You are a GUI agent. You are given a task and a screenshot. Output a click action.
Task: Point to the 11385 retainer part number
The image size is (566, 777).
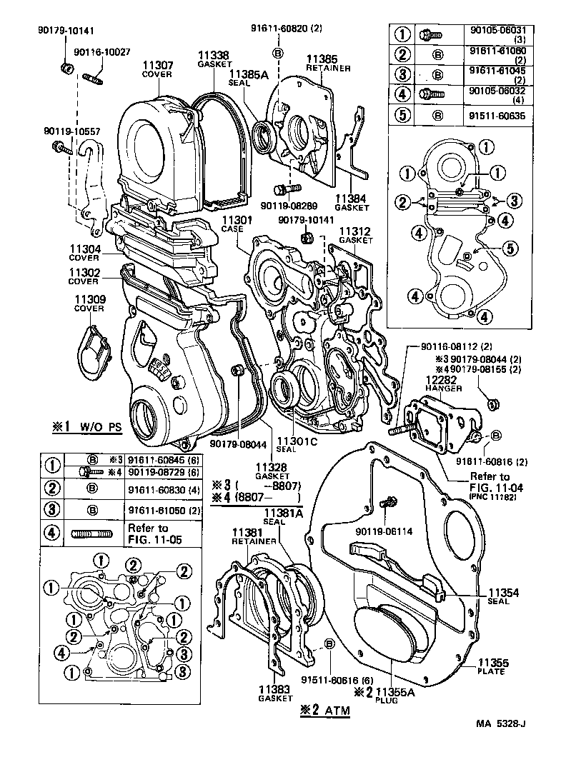pyautogui.click(x=323, y=58)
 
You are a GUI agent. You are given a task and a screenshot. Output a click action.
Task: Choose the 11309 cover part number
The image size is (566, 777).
pyautogui.click(x=89, y=299)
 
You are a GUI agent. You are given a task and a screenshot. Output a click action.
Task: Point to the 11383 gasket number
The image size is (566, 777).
pyautogui.click(x=272, y=689)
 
